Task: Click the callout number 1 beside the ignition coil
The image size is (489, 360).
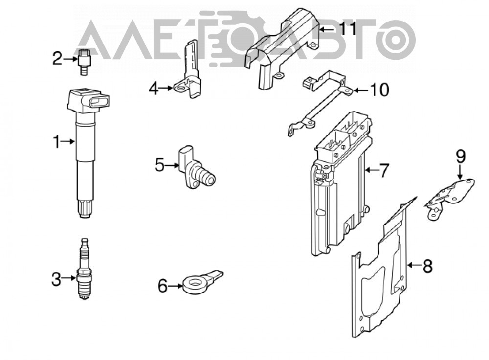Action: (x=56, y=142)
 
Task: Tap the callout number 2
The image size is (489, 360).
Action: (x=57, y=58)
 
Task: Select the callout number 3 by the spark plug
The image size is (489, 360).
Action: (x=56, y=279)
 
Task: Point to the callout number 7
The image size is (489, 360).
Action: (x=383, y=170)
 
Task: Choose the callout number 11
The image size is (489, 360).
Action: (x=348, y=29)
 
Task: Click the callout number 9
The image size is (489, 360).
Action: (x=461, y=157)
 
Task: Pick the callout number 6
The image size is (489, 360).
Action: (x=163, y=286)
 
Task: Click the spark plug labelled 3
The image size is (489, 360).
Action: (x=84, y=269)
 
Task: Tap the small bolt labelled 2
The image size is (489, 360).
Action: (x=83, y=62)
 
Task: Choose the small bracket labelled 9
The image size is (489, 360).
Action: (x=449, y=198)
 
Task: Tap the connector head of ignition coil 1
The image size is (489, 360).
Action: (x=88, y=102)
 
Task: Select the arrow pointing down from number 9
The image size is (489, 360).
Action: (x=461, y=171)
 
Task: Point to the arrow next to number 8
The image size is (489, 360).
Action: (x=414, y=266)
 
